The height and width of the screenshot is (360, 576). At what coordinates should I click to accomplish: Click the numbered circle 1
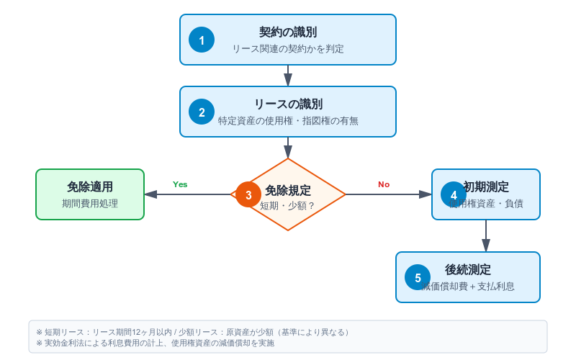tap(202, 40)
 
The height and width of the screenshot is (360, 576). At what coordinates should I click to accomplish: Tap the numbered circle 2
tap(202, 112)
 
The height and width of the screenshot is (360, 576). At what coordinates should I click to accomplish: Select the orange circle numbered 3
tap(248, 194)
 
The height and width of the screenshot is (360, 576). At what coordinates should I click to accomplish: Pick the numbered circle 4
tap(454, 194)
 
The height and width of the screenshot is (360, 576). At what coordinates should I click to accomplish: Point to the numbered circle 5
tap(418, 277)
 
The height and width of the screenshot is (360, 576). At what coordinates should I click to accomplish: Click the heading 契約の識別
tap(288, 32)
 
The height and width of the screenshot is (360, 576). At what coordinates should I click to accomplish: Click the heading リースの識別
tap(288, 104)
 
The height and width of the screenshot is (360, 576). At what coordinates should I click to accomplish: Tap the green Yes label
tap(180, 184)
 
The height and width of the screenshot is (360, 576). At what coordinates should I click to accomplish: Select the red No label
tap(384, 184)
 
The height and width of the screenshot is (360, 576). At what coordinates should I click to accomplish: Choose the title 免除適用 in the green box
tap(90, 187)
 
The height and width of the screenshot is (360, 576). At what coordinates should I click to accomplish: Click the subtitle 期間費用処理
tap(90, 204)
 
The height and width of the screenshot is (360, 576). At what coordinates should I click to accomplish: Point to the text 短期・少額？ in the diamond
tap(288, 205)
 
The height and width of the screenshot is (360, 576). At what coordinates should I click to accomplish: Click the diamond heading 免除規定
tap(288, 191)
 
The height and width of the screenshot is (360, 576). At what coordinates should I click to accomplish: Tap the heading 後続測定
tap(468, 270)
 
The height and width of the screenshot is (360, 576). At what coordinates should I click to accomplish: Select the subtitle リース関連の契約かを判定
tap(288, 49)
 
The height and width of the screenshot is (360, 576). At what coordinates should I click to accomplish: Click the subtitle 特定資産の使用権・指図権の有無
tap(288, 121)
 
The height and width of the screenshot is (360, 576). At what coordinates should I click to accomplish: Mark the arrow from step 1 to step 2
tap(288, 76)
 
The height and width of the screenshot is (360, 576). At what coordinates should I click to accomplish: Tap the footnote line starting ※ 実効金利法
tap(155, 343)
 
